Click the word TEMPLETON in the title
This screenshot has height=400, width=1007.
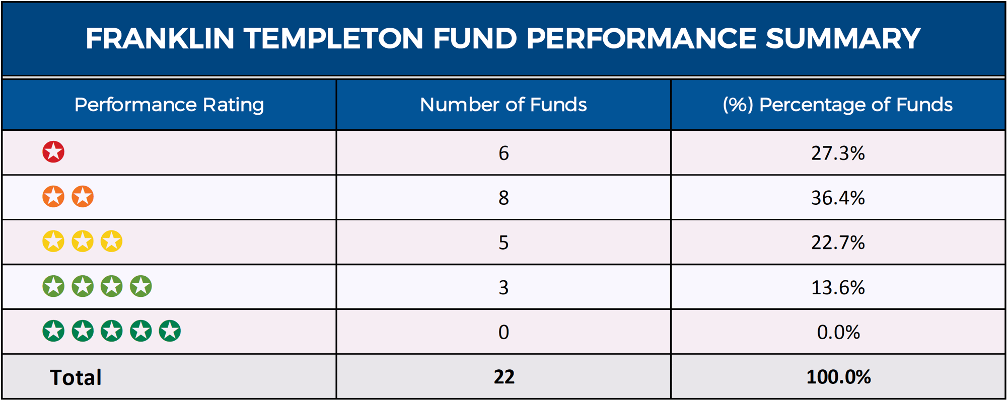click(333, 39)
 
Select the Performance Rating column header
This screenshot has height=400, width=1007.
click(169, 105)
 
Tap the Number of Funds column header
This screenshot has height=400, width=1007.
click(503, 105)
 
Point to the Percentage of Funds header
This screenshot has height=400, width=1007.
click(838, 105)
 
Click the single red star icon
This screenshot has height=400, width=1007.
click(53, 152)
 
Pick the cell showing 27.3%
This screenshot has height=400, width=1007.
click(838, 153)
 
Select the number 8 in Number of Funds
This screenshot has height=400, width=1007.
click(503, 198)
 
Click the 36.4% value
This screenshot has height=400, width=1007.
click(838, 198)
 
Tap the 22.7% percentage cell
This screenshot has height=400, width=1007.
click(838, 243)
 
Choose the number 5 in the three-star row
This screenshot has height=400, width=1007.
click(503, 243)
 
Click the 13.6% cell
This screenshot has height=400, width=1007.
click(838, 287)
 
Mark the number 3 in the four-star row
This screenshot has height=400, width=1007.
click(503, 287)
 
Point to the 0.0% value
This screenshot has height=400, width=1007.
click(838, 332)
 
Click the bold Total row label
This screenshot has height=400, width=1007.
click(76, 377)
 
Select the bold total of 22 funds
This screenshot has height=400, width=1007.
click(503, 377)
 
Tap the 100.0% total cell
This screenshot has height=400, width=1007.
click(838, 377)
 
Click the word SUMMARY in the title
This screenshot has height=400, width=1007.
click(843, 39)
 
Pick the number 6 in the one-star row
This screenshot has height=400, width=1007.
click(503, 153)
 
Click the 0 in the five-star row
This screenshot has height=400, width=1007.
click(503, 332)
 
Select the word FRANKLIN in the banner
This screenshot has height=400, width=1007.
click(160, 39)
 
